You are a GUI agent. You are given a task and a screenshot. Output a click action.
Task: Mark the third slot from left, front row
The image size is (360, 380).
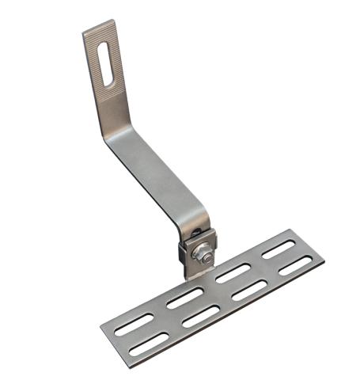tap(248, 290)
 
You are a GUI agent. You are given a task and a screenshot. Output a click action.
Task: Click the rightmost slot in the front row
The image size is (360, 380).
tap(294, 265)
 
